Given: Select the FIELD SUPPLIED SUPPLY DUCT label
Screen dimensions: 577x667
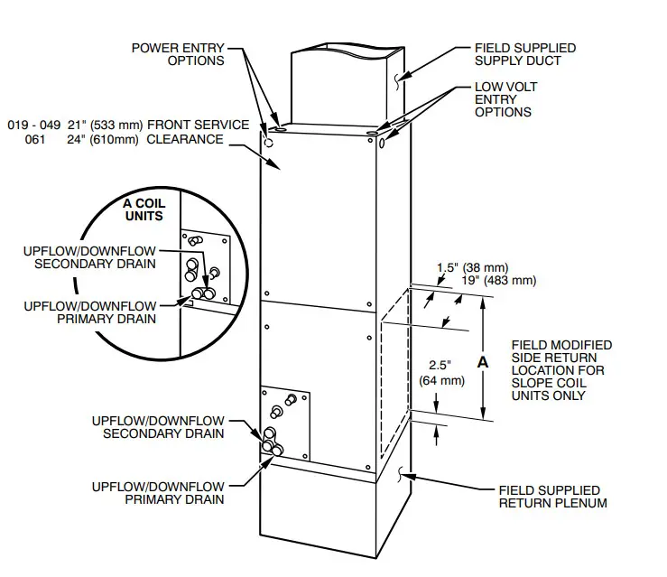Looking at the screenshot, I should coord(524,53).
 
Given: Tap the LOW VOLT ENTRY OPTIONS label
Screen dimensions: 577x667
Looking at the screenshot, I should coord(503,99).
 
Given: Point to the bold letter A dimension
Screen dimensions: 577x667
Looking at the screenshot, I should coord(482,361).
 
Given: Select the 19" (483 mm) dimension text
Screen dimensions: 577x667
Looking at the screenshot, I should coord(502,281).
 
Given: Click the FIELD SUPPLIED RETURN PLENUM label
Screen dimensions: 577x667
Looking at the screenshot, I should coord(552,496).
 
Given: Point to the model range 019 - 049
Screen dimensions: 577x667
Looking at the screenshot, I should coord(33,125).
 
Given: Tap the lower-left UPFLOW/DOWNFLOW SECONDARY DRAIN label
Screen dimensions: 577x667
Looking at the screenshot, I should coord(158,427).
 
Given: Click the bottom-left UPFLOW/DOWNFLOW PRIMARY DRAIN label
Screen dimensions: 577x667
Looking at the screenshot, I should coord(158,492).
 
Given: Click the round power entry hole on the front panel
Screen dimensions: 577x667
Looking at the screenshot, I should coord(268,142).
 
